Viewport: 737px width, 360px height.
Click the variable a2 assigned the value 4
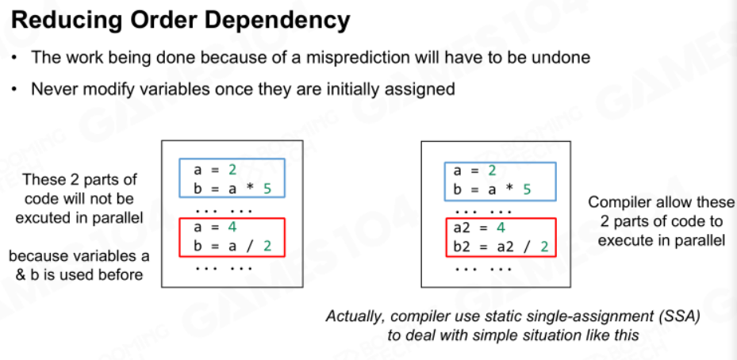pos(462,228)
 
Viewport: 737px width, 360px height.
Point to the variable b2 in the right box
pos(462,246)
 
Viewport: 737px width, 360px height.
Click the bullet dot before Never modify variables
pos(15,89)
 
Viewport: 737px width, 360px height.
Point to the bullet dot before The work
pos(15,58)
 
